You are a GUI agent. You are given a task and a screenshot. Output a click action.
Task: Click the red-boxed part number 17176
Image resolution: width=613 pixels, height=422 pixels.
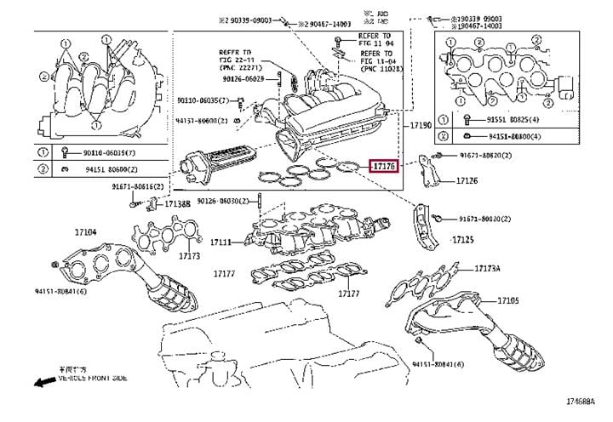[384, 167]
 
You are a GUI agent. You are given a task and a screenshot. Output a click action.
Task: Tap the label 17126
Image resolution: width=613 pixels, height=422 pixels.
[465, 180]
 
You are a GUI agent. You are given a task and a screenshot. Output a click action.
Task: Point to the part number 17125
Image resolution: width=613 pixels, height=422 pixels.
[462, 240]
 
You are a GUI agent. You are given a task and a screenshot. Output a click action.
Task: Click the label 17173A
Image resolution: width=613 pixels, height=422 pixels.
[488, 268]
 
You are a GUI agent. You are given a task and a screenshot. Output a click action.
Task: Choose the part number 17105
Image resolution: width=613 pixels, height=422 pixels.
[508, 300]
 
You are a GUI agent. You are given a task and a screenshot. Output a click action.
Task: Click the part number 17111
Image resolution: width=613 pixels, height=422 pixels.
[221, 242]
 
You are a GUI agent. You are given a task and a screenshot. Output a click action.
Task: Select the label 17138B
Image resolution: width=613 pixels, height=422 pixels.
[177, 204]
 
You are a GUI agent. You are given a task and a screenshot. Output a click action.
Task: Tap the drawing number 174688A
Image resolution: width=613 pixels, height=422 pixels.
[587, 400]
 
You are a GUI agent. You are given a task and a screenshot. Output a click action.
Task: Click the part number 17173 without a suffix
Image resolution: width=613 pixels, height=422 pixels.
[189, 255]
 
